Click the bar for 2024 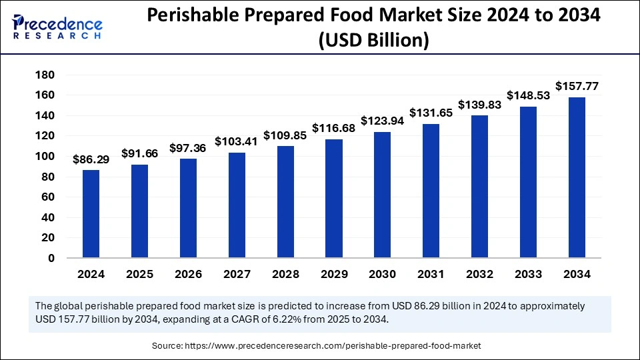point(91,213)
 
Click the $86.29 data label point(91,159)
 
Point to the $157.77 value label point(577,86)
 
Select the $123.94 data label point(383,121)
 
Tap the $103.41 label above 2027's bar point(237,141)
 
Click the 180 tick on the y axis point(45,75)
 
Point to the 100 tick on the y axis point(45,156)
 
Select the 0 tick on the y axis point(51,258)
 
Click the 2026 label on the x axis point(188,274)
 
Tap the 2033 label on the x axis point(529,274)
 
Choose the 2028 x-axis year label point(285,274)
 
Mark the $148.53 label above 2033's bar point(529,95)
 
